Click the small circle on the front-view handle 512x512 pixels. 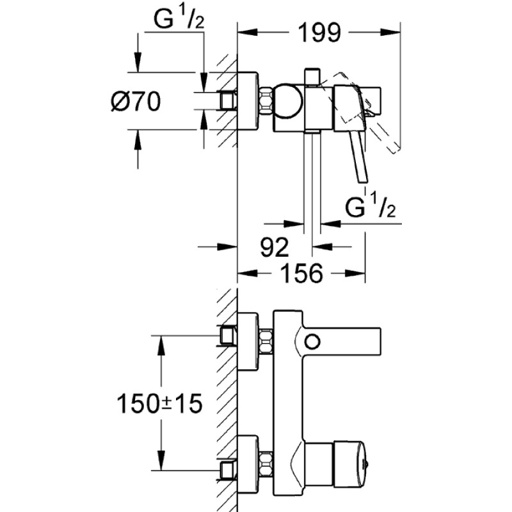point(312,341)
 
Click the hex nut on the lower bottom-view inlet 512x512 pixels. point(266,461)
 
